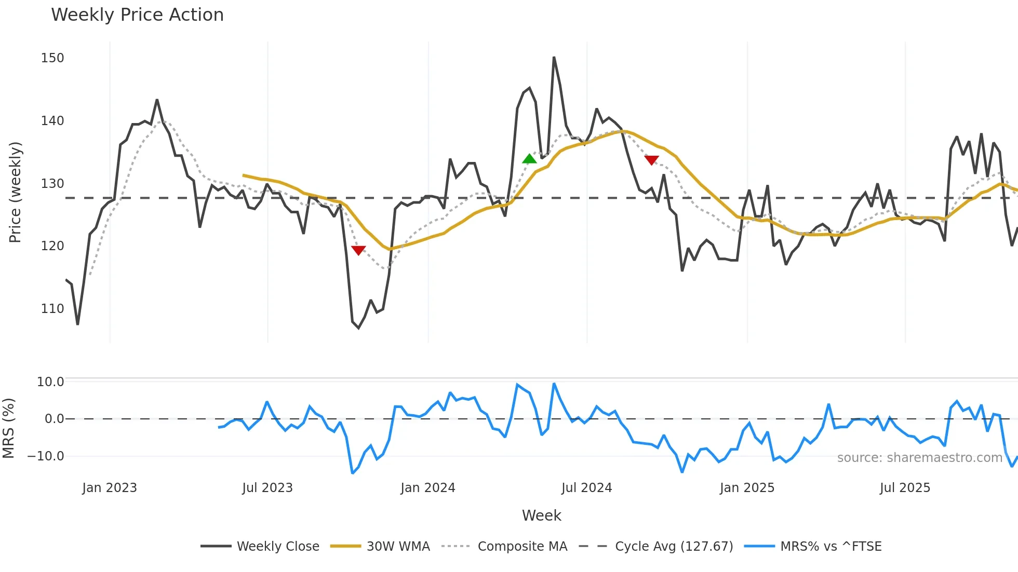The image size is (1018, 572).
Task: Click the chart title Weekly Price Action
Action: coord(137,15)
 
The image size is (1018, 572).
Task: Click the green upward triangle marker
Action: coord(529,159)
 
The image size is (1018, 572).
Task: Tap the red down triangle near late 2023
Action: coord(358,250)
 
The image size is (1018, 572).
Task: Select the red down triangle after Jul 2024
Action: coord(651,160)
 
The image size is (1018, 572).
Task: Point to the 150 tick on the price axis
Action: coord(52,58)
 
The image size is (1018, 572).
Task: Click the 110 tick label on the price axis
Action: coord(52,309)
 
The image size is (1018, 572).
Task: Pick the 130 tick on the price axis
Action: coord(52,184)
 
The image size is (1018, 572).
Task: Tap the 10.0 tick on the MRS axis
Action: coord(50,382)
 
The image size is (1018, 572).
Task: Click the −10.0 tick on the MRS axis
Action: coord(46,456)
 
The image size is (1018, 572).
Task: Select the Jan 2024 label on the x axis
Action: coord(427,488)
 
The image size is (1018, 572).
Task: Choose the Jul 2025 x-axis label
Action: coord(905,488)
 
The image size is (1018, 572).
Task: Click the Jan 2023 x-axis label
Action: coord(110,488)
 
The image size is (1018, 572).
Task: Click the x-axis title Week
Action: coord(541,515)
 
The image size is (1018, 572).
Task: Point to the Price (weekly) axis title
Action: coord(15,192)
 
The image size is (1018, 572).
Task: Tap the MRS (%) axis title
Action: coord(8,428)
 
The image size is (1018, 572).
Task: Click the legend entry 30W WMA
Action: coord(398,547)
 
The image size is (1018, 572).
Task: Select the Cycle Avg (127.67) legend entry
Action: coord(674,547)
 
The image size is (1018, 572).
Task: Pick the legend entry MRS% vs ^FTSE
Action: coord(831,547)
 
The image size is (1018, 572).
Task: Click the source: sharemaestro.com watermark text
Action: coord(919,458)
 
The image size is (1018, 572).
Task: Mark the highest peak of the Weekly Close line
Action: coord(554,58)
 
